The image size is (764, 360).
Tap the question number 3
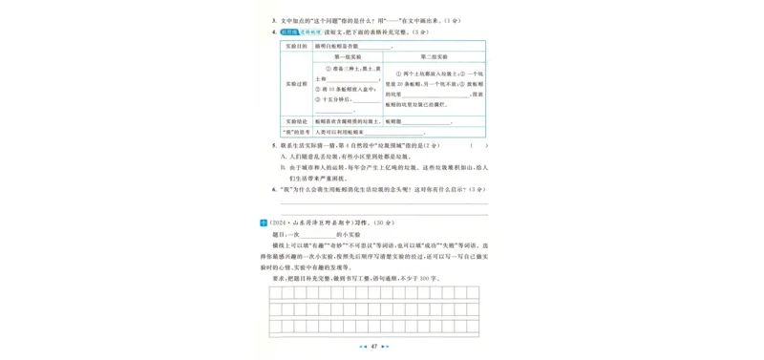tap(274, 20)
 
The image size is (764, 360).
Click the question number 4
tap(274, 32)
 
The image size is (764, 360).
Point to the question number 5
tap(274, 145)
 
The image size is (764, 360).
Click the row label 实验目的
tap(295, 46)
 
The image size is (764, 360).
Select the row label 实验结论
tap(295, 121)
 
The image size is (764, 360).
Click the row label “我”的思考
tap(295, 132)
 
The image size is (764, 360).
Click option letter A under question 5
tap(284, 157)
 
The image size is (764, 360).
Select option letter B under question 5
tap(284, 167)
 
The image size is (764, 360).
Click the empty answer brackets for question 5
tap(477, 145)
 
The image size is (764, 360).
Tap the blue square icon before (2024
tap(264, 222)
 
